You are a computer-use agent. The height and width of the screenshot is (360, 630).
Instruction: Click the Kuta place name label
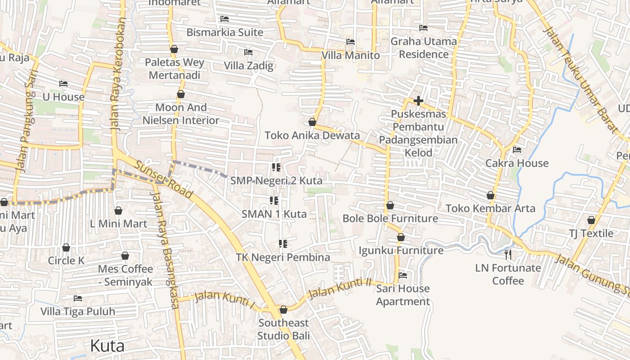coord(107,346)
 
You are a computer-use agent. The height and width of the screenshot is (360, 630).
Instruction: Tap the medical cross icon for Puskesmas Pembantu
coord(418,101)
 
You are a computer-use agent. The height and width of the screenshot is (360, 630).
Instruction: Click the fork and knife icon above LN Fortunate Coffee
coord(508,255)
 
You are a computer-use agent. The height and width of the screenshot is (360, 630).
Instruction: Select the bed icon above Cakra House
coord(517,150)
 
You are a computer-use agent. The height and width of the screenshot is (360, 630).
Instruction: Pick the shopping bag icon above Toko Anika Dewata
coord(312,122)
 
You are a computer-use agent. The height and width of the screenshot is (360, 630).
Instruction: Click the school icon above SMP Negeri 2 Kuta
coord(276,167)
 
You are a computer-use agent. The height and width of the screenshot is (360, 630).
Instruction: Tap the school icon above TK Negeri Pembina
coord(283,244)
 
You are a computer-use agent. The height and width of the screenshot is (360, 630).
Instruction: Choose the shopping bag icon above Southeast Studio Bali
coord(283,310)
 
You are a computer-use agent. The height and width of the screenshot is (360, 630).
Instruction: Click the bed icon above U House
coord(63,84)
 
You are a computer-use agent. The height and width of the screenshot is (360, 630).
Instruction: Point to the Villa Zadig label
coord(249,66)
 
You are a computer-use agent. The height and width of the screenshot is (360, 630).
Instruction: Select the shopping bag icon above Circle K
coord(66,247)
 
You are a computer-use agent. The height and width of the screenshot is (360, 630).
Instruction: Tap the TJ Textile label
coord(591,233)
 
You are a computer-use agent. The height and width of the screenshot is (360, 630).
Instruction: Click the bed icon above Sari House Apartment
coord(403,275)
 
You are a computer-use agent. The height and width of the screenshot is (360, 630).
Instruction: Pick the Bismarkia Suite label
coord(225,32)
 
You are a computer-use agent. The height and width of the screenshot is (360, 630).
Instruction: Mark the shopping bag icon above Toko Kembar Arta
coord(490,195)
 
